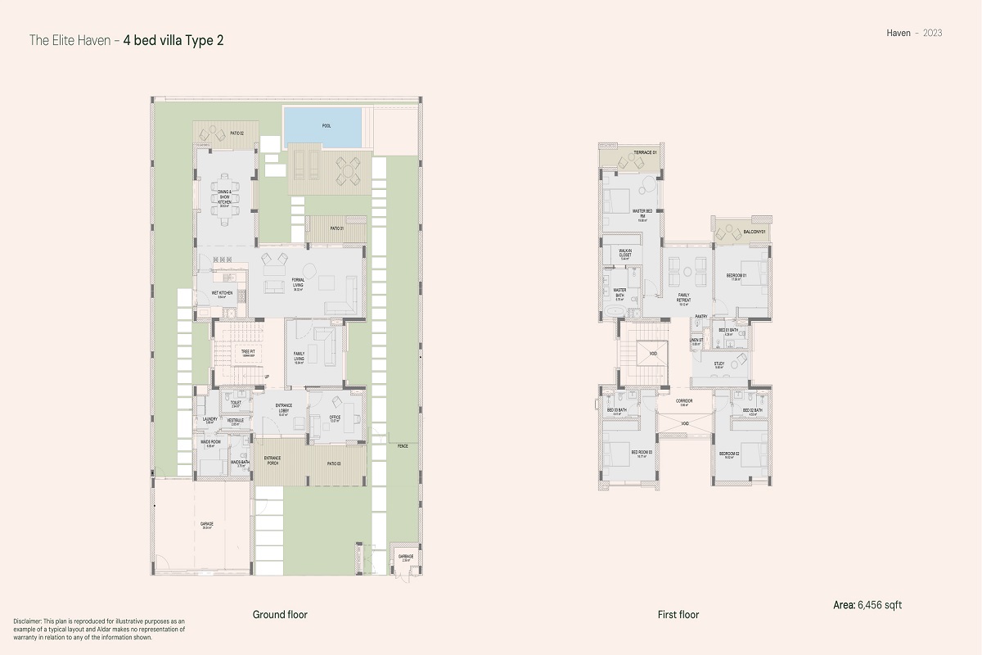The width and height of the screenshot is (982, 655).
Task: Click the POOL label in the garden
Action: point(327,126)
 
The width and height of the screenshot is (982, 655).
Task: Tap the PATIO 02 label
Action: point(237,132)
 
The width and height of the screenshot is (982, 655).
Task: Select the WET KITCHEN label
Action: point(223,294)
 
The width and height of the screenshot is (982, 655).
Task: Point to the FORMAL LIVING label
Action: point(299,284)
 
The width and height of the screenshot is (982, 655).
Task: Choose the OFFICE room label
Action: point(335,418)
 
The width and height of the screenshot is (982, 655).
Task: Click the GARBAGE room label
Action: point(406,557)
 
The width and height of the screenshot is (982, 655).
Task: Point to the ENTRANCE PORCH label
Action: point(273,461)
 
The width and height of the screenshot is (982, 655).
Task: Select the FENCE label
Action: point(403,447)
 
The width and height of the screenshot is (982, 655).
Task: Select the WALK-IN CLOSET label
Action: point(624,254)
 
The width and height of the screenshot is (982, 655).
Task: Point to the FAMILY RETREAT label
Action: point(683,299)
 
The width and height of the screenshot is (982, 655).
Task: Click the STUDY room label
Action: point(718,364)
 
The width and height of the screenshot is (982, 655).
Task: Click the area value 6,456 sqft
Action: point(880,605)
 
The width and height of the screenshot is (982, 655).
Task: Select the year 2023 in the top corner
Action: point(932,33)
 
